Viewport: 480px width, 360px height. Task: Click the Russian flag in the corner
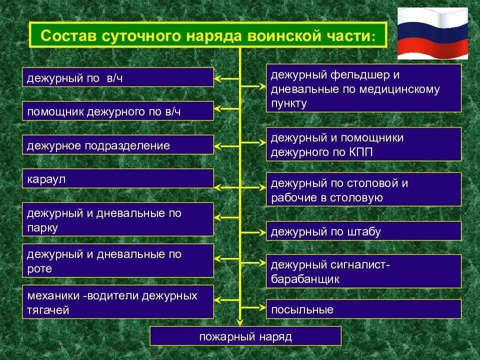click(x=432, y=33)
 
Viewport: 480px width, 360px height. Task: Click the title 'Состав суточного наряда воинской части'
click(x=207, y=35)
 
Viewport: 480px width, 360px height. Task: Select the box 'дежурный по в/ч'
click(x=118, y=77)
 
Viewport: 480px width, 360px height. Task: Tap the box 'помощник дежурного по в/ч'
click(x=118, y=111)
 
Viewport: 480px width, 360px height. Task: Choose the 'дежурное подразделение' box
click(x=118, y=145)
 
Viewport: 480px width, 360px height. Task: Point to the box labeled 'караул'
click(x=118, y=178)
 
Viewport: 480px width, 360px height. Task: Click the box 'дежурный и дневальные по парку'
click(x=118, y=219)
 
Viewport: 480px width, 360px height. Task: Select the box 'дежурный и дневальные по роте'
click(x=118, y=260)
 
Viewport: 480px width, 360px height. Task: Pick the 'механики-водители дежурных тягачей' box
click(x=118, y=302)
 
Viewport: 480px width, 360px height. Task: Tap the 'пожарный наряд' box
click(x=245, y=336)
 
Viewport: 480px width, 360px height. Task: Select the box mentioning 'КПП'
click(x=363, y=144)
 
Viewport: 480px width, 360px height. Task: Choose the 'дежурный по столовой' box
click(x=363, y=189)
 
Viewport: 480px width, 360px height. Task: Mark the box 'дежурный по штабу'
click(x=363, y=231)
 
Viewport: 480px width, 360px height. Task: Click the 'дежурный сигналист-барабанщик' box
click(x=363, y=271)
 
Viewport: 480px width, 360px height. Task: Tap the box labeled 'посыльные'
click(x=363, y=309)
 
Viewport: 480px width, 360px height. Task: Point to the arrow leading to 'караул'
click(x=227, y=187)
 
